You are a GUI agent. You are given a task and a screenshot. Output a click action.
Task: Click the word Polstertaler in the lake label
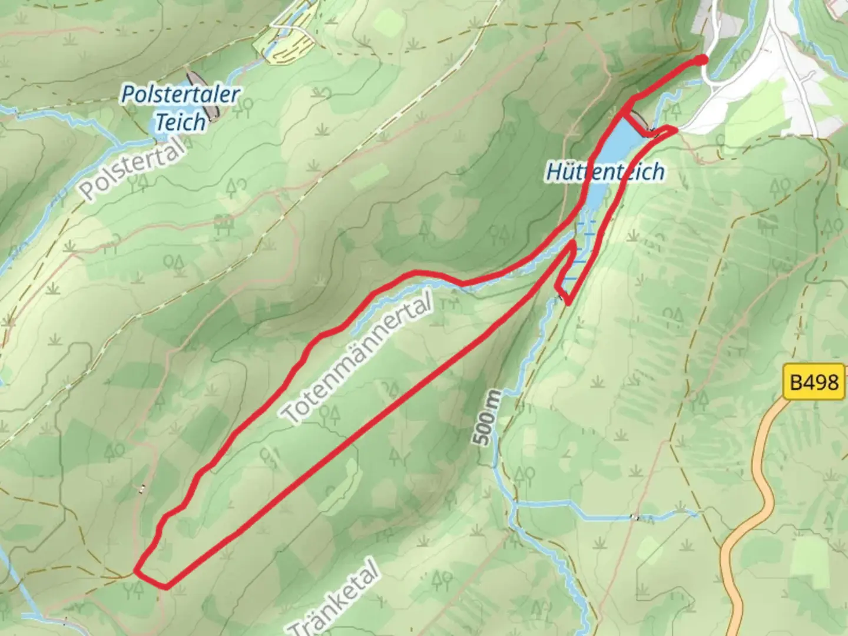[x=180, y=95]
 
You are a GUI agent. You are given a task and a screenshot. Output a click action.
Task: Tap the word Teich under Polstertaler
[x=180, y=122]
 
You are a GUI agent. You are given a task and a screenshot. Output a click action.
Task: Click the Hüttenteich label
[x=605, y=171]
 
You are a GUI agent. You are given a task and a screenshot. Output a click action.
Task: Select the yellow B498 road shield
[x=814, y=382]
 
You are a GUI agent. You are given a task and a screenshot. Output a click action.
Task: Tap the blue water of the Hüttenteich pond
[x=612, y=147]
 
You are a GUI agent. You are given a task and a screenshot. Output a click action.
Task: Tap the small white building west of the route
[x=141, y=488]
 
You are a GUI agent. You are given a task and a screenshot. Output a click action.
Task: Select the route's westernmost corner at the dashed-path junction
[x=136, y=570]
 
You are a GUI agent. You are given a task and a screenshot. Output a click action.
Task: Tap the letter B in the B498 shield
[x=796, y=382]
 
